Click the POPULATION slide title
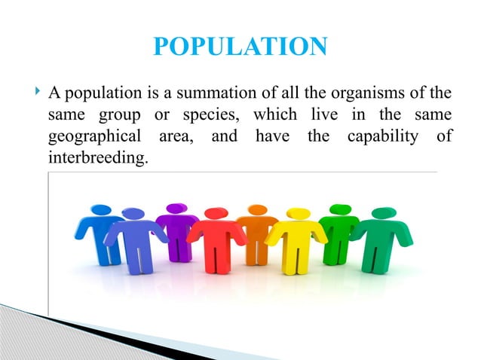(240, 47)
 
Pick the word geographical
(91, 139)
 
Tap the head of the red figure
(216, 213)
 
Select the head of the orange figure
(258, 209)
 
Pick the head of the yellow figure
(299, 213)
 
